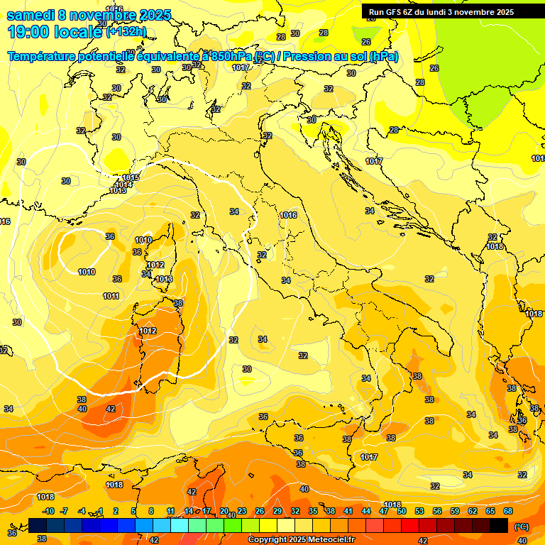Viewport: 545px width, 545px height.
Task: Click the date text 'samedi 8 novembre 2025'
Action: click(89, 15)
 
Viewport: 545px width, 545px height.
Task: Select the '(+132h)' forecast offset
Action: click(126, 32)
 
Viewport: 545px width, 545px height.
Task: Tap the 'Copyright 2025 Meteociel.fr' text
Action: click(301, 540)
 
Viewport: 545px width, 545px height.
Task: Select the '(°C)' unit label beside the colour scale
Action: click(521, 527)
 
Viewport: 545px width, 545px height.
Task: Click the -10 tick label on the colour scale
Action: click(48, 511)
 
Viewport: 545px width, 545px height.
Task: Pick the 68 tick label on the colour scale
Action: click(508, 511)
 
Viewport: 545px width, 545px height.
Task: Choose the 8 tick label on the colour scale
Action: click(151, 511)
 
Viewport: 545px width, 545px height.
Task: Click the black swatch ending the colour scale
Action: click(499, 526)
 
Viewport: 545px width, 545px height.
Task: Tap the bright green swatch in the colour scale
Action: click(233, 526)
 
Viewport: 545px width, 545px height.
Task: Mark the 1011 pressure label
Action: click(111, 296)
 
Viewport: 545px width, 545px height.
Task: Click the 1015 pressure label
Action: click(131, 177)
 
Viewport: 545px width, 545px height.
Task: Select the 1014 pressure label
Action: click(123, 185)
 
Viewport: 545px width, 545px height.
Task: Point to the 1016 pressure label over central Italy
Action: click(288, 215)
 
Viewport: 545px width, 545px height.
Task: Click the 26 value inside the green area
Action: click(434, 68)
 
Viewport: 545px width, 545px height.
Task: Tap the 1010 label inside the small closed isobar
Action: click(87, 272)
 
